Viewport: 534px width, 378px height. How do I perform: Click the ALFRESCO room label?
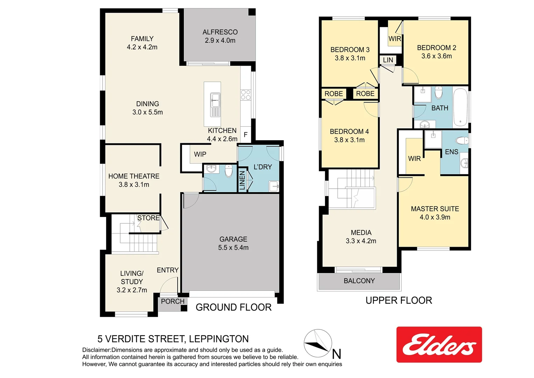tap(220, 32)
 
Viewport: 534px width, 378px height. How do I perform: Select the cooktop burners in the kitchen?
tap(245, 95)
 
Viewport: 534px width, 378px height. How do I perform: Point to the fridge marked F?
tap(245, 135)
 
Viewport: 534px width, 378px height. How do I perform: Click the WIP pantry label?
tap(200, 154)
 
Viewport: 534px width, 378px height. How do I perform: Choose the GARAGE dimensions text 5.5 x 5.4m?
tap(233, 248)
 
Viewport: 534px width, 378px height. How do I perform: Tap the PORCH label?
tap(173, 301)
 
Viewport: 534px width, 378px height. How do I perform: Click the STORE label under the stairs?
tap(148, 218)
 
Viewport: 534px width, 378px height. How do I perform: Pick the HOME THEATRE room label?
tap(134, 176)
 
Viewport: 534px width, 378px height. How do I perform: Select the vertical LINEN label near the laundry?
tap(242, 180)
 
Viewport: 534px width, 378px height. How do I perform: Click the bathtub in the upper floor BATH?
tap(460, 108)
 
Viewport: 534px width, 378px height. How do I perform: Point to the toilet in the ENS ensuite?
tap(462, 141)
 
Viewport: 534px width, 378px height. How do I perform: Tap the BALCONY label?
tap(359, 281)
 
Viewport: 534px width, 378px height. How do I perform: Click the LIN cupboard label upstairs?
tap(388, 60)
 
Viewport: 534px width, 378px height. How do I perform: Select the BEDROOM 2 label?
tap(436, 48)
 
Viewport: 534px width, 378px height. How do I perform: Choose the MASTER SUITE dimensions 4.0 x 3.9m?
tap(435, 217)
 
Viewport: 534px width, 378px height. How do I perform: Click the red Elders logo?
tap(439, 345)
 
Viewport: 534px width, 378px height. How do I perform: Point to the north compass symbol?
tap(318, 343)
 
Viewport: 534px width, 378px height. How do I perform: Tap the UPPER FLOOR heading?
tap(398, 301)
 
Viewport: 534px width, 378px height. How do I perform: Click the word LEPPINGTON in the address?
tap(219, 339)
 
